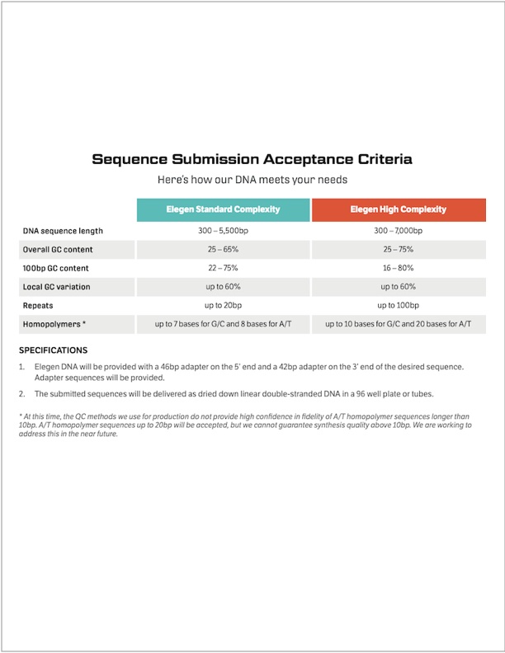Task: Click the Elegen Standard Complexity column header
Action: [x=223, y=209]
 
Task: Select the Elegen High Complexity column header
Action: [x=398, y=209]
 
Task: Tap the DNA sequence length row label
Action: [x=63, y=231]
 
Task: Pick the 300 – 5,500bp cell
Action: [x=223, y=231]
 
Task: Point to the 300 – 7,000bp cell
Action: [x=398, y=231]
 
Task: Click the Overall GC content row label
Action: [x=58, y=249]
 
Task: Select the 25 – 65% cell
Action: [x=223, y=249]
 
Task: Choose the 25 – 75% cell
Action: [x=398, y=249]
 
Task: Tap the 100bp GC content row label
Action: [x=56, y=268]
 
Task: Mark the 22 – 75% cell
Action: [x=223, y=268]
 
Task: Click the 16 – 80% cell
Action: [x=398, y=268]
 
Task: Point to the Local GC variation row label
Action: [x=57, y=287]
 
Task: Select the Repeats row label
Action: [x=38, y=305]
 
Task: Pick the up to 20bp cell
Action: [x=223, y=305]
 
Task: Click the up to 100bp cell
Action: [x=398, y=305]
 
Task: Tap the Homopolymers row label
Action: [x=53, y=324]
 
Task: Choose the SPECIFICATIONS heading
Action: [x=53, y=350]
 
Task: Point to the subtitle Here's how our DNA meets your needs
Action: [x=252, y=179]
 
